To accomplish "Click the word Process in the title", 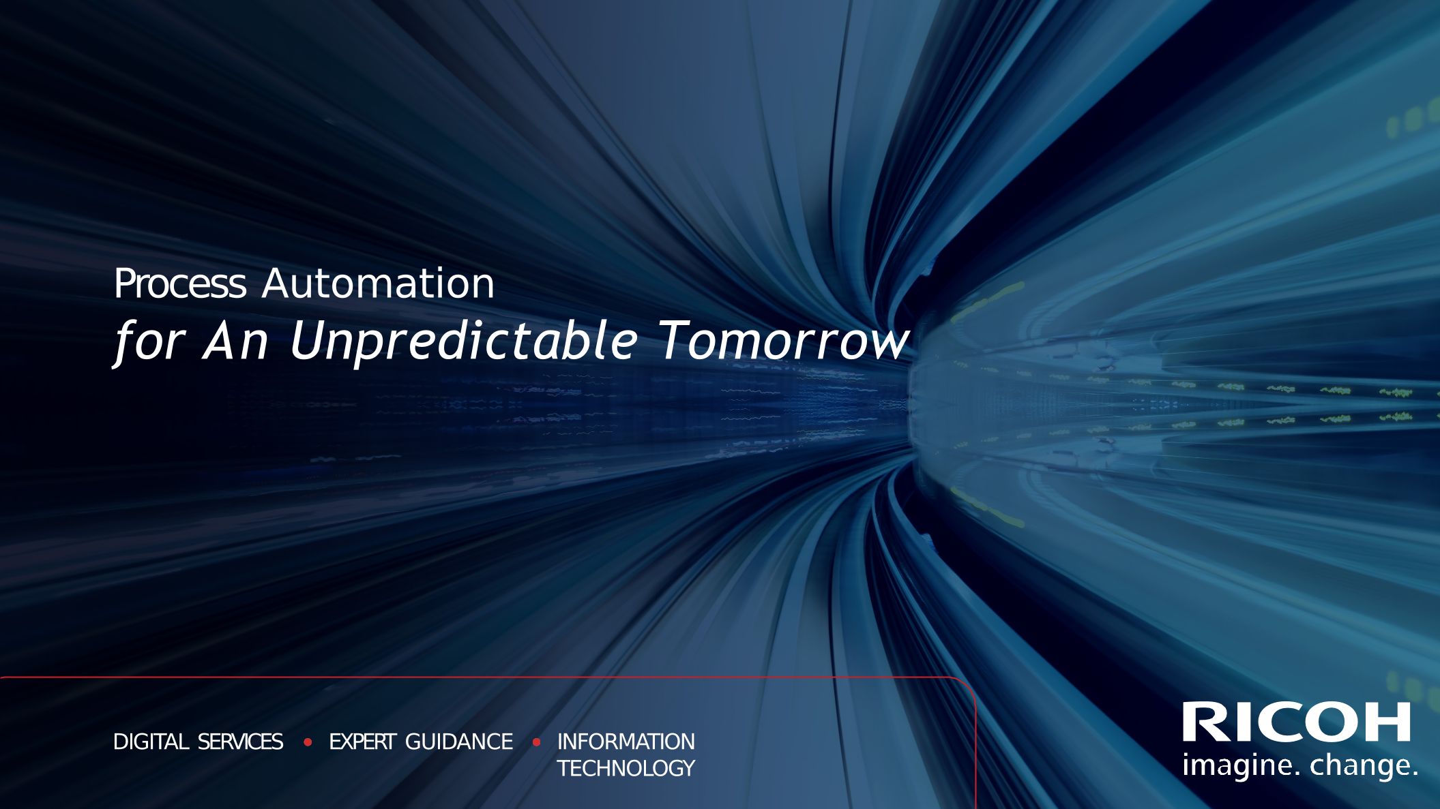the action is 179,284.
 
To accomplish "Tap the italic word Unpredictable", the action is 464,340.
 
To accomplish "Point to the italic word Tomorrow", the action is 784,340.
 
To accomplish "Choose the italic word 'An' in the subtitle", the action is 236,340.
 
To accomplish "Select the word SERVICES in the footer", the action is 240,742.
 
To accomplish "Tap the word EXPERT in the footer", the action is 362,742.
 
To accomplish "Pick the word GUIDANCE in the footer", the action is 459,742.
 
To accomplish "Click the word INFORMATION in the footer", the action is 626,742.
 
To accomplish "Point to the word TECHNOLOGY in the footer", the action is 626,768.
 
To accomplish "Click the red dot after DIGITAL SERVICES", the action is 308,742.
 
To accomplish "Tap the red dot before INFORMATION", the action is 536,742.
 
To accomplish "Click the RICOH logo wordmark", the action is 1296,722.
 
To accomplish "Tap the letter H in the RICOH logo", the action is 1385,722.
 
